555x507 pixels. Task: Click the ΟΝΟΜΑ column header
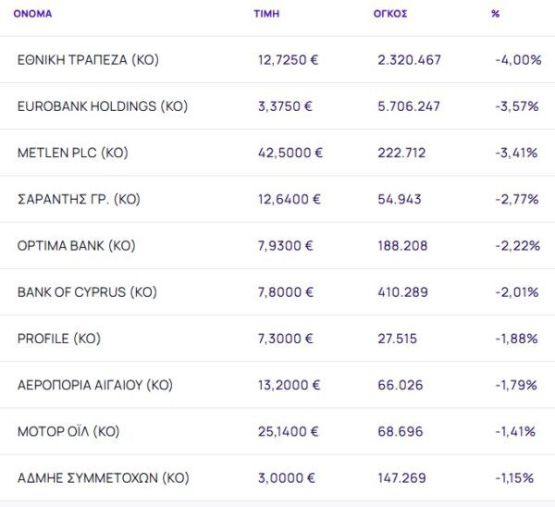coord(32,14)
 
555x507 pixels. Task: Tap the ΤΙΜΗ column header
coord(266,14)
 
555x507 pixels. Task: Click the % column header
coord(496,14)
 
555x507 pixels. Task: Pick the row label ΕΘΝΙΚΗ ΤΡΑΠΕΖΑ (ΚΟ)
coord(88,60)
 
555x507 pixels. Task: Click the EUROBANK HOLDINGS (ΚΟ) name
coord(102,106)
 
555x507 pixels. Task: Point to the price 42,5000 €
coord(290,153)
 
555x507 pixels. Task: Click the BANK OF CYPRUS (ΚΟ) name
coord(87,292)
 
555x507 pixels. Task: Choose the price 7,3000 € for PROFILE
coord(286,339)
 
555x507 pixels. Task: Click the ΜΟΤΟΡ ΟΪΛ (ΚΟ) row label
coord(68,431)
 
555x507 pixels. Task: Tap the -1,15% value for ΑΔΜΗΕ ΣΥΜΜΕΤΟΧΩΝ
coord(514,478)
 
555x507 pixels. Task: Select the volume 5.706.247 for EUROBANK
coord(409,106)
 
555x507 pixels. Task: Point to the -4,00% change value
coord(518,60)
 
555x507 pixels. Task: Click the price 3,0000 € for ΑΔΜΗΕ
coord(286,478)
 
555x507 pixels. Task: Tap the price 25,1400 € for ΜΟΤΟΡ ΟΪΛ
coord(290,431)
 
